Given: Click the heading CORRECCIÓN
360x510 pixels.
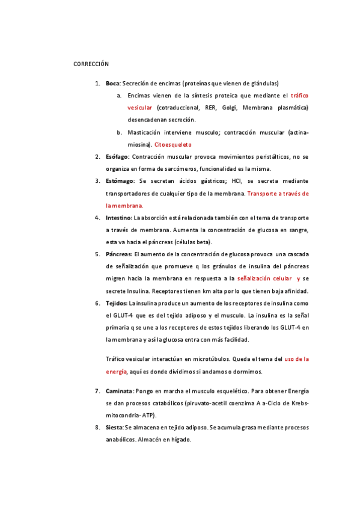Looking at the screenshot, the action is [91, 64].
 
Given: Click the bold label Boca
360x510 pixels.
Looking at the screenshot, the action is [112, 83].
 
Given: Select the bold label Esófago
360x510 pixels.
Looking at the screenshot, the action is [117, 156].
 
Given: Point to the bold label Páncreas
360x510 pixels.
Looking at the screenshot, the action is [119, 254].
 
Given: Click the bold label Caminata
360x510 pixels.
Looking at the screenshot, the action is [119, 391].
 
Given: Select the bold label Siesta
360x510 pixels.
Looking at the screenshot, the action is [114, 428].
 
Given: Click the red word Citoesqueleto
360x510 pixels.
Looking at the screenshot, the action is [173, 144].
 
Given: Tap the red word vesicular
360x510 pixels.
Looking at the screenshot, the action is [140, 108].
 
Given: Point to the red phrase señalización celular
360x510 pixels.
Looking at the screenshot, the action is [263, 279].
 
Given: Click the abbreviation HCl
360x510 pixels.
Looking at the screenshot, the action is [228, 181].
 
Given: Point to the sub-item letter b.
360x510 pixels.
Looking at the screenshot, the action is [120, 132].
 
